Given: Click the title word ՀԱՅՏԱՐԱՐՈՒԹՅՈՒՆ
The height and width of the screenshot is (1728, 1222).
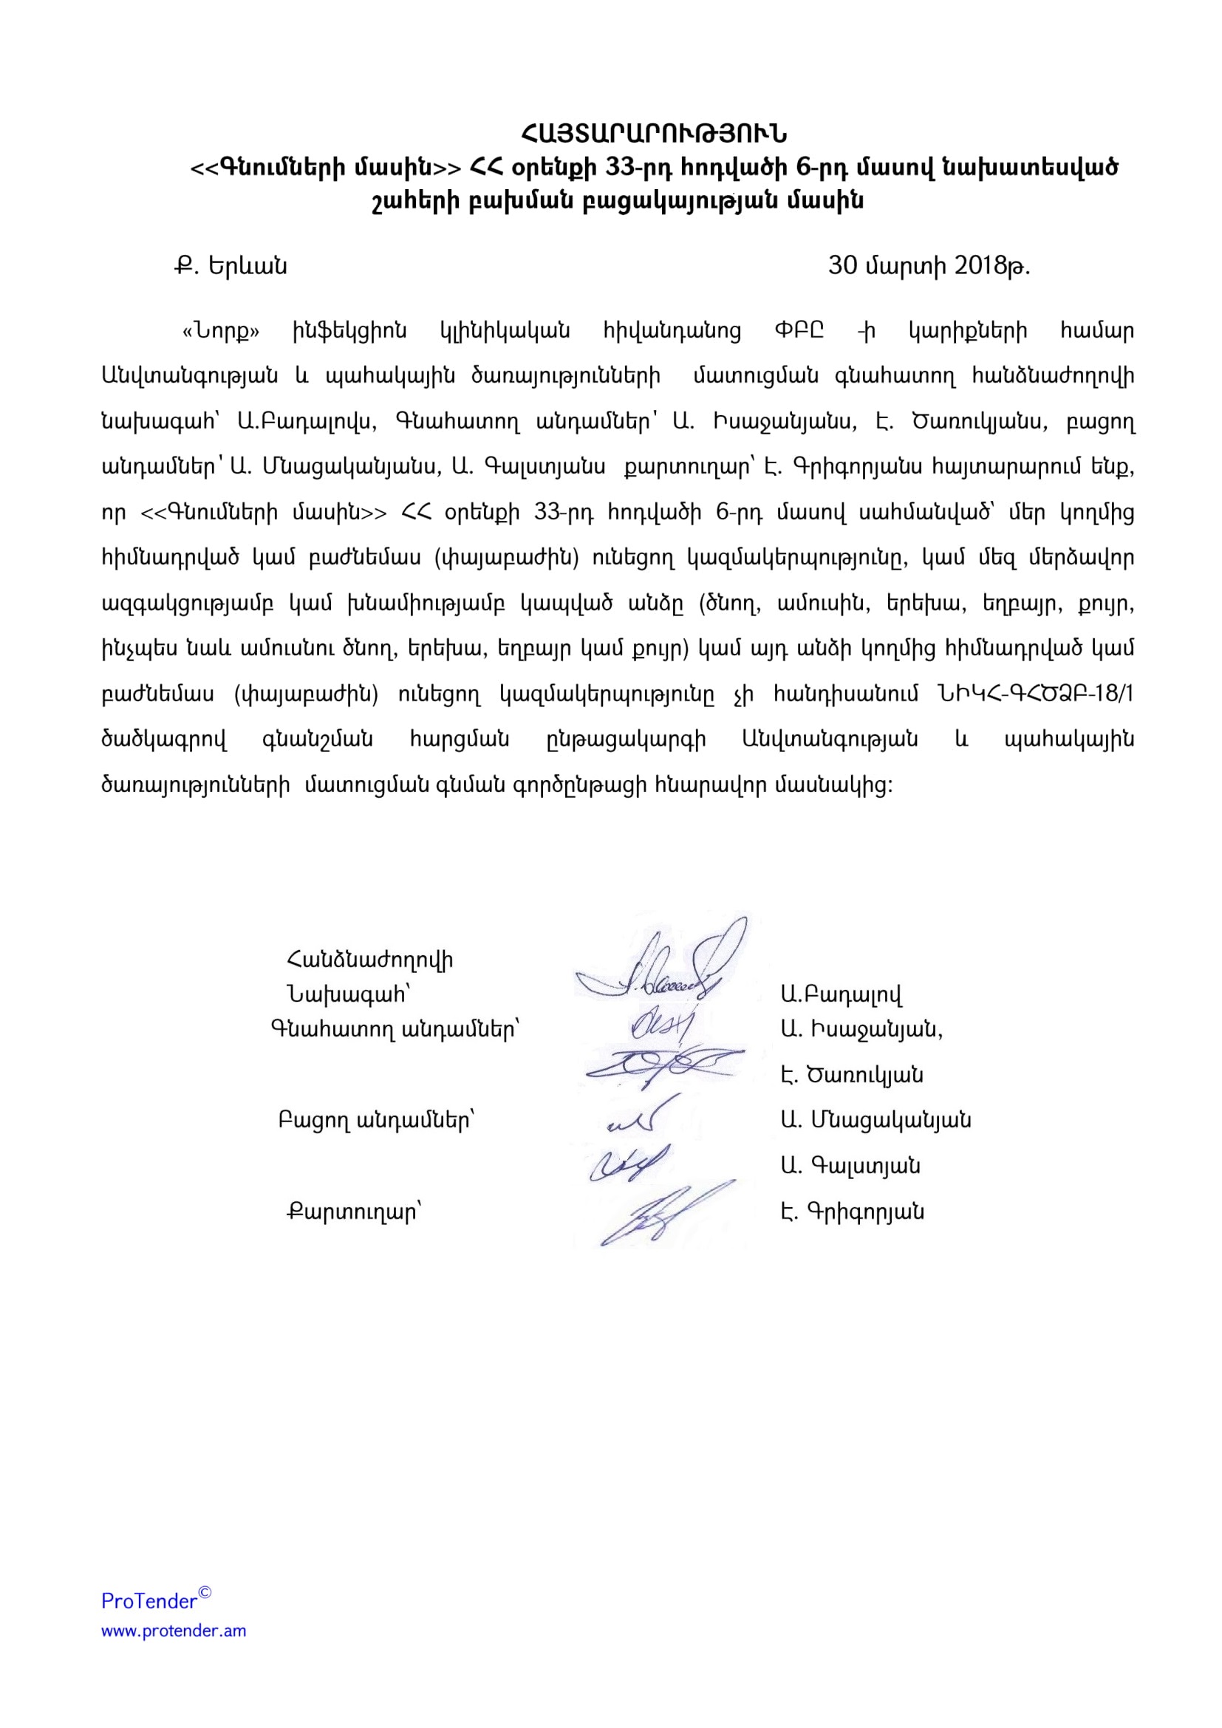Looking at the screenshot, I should coord(654,134).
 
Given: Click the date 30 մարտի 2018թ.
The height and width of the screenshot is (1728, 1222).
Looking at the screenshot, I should coord(929,266).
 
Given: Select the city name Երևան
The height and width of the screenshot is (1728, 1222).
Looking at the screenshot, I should coord(248,267).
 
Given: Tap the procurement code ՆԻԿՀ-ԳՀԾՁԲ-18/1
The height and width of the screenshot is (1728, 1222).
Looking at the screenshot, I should coord(1035,694).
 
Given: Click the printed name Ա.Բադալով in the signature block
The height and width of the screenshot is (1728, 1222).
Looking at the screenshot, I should coord(842,995).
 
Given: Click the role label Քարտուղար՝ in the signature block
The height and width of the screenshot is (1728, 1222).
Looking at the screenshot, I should coord(355,1212).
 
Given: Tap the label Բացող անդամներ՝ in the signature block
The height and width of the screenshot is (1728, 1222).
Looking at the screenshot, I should coord(376,1121).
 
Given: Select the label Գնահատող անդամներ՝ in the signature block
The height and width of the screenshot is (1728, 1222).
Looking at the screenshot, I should coord(395,1029).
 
